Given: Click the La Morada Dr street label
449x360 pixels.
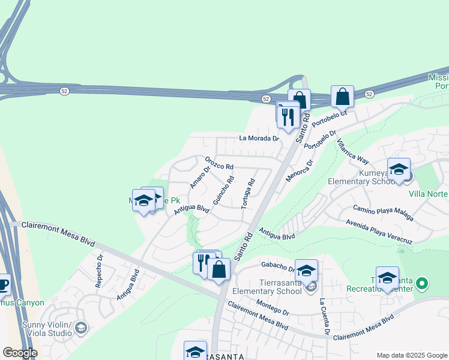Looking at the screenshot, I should (259, 138).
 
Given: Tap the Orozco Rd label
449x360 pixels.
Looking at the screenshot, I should (218, 163).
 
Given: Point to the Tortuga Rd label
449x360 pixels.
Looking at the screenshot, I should (249, 193).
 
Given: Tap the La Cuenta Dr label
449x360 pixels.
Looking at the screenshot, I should (325, 316).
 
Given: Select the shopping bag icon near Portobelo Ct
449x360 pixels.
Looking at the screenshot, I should (342, 96).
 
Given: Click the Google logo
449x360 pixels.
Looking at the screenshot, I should (19, 353).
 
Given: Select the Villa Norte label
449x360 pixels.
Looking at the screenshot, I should (428, 194).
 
